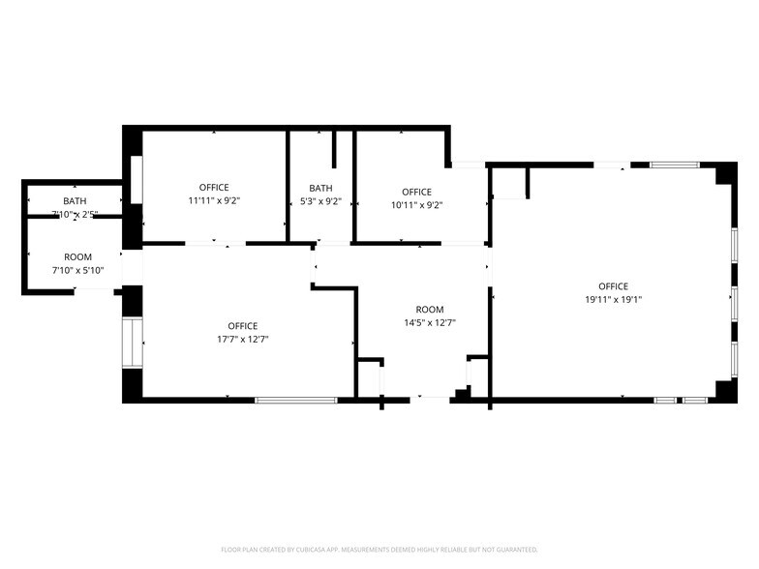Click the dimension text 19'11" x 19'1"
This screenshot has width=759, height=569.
tap(613, 299)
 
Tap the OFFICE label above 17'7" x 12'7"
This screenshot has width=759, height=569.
tap(243, 326)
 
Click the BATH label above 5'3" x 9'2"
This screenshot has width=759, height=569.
tap(320, 188)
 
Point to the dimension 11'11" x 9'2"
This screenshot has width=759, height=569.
tap(214, 200)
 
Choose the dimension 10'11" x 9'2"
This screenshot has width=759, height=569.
tap(416, 204)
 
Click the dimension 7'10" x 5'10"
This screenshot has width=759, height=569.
tap(77, 270)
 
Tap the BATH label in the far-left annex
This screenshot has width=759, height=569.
tap(75, 200)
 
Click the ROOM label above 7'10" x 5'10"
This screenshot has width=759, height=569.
tap(77, 257)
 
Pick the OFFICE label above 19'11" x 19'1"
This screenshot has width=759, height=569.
tap(613, 285)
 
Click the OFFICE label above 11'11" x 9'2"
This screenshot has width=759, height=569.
tap(214, 187)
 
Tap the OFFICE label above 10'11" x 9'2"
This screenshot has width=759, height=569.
tap(416, 192)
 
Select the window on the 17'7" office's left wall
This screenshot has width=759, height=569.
tap(132, 343)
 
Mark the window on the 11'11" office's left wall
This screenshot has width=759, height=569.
tap(137, 179)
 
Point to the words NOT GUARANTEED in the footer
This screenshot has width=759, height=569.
tap(511, 548)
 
